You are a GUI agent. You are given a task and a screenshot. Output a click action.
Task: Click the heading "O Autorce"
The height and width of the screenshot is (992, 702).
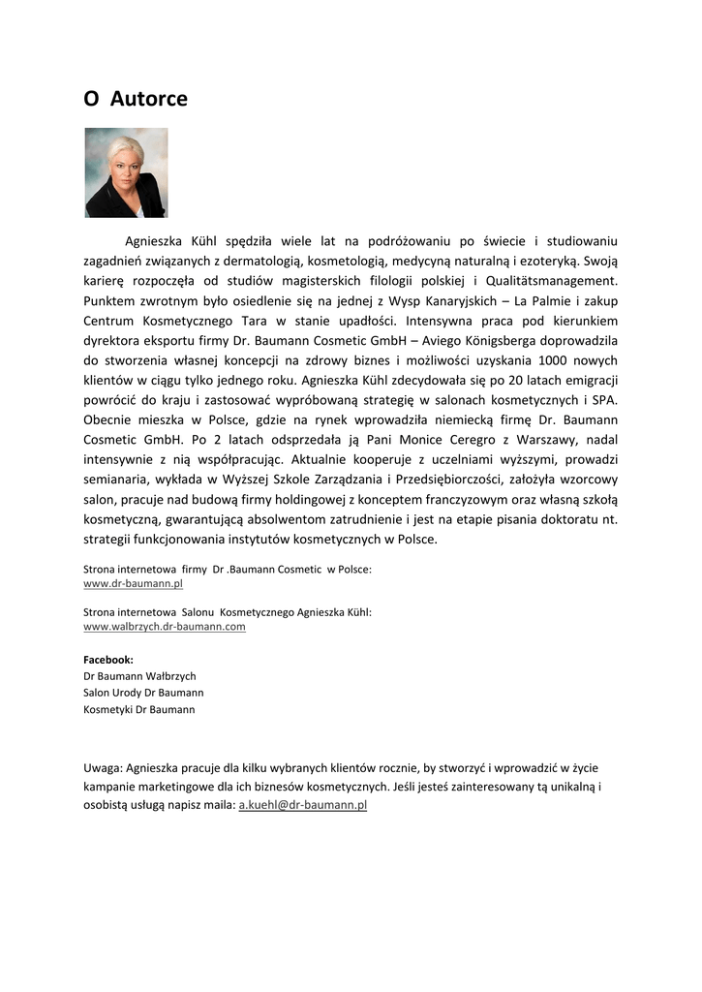pos(136,99)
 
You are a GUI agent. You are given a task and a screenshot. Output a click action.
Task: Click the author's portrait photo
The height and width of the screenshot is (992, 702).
pos(126,172)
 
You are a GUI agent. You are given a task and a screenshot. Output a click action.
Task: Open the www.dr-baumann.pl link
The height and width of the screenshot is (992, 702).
pos(134,584)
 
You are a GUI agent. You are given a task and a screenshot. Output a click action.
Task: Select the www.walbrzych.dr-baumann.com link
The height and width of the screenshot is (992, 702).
pos(165,627)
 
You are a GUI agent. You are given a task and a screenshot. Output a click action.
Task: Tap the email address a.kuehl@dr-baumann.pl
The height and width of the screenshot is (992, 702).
pos(302,805)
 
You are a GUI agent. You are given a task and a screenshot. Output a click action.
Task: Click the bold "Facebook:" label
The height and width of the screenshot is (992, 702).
pos(108,659)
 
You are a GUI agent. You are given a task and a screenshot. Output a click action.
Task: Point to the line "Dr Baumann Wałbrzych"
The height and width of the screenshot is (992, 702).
pos(139,676)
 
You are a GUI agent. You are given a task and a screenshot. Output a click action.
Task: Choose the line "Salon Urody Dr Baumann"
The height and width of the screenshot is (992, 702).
pos(143,693)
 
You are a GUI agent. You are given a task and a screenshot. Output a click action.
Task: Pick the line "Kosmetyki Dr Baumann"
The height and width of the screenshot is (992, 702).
pos(139,709)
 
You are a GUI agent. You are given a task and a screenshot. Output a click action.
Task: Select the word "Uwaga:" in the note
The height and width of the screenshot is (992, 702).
pos(103,768)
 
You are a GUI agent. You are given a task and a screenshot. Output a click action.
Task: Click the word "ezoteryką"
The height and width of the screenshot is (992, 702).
pos(571,261)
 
